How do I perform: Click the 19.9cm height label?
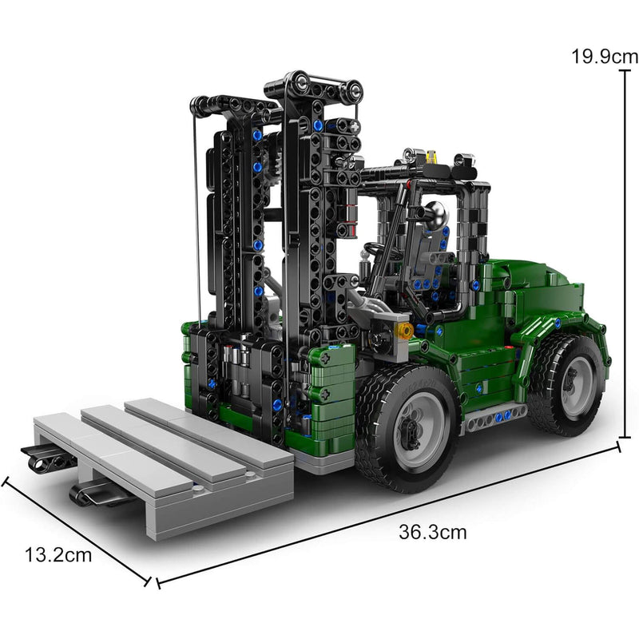tap(605, 56)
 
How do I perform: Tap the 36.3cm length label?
tap(432, 532)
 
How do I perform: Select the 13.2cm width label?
tap(58, 554)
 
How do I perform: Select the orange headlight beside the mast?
tap(404, 329)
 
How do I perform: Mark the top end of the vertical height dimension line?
tap(621, 71)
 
